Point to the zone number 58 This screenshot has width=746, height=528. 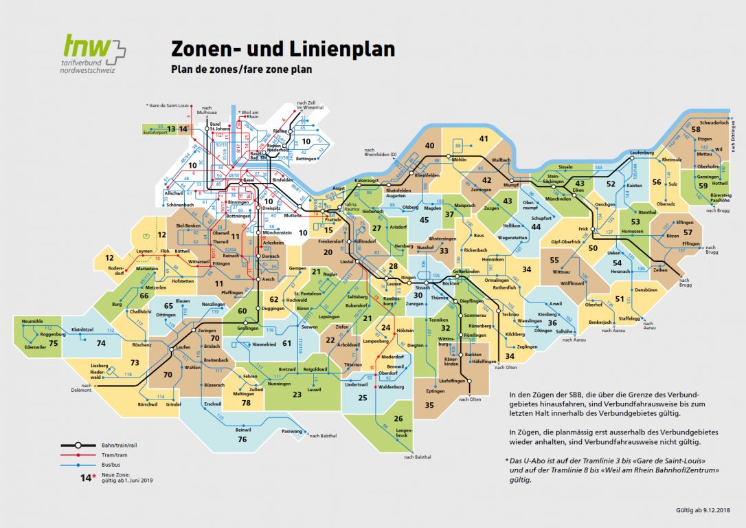pos(695,129)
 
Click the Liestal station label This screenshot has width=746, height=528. pos(346,262)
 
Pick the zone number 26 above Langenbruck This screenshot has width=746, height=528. pos(398,419)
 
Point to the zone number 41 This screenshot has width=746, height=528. pos(483,139)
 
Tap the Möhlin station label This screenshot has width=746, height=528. pos(460,159)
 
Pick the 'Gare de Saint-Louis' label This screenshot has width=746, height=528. pos(168,105)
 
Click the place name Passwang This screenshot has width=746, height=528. pos(291,431)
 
